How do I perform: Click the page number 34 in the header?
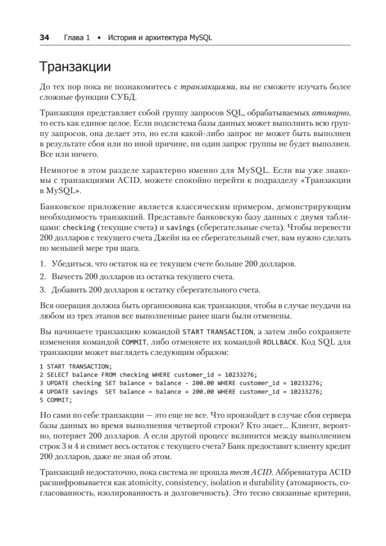tap(45, 38)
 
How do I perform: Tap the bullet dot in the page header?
tap(99, 38)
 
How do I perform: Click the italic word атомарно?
tap(332, 113)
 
